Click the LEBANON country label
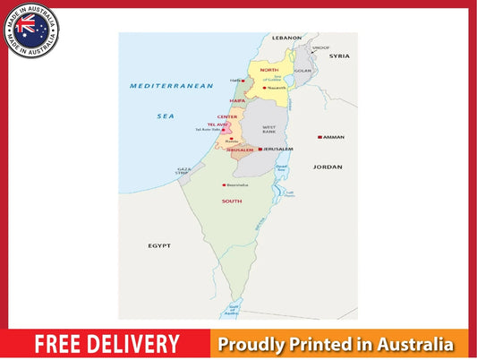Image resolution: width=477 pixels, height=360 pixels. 287,38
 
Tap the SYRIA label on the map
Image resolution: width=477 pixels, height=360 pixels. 339,56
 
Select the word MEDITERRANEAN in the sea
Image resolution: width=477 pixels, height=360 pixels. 171,86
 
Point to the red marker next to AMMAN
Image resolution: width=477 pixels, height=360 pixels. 319,137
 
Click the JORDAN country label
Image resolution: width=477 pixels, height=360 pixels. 328,167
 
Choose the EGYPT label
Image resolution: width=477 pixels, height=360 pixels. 159,244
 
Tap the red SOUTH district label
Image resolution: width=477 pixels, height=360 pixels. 232,201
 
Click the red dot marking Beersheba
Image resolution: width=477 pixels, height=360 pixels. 223,185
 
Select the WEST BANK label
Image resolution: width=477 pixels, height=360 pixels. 268,128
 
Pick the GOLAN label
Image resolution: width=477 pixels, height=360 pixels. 303,70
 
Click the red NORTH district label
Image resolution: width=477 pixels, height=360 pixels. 269,69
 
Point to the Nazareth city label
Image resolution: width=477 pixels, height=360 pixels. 277,88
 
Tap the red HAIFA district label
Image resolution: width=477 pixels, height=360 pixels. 237,100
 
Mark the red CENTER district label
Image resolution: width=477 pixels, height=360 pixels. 226,116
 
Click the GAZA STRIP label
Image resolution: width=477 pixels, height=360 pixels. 183,170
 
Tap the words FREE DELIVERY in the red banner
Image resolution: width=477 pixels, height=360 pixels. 106,344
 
